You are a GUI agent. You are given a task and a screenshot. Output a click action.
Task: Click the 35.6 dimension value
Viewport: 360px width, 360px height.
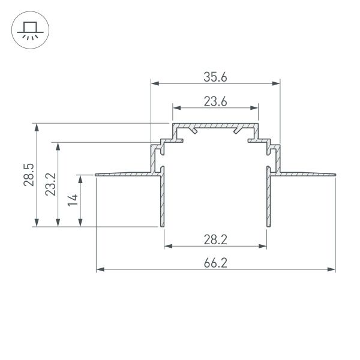(215, 76)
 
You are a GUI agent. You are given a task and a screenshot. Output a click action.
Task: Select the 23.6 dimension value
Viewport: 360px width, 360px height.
(215, 101)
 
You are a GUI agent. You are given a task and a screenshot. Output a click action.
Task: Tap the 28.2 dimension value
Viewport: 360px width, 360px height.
(215, 239)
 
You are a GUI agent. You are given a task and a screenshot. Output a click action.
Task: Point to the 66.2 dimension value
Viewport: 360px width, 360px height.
(215, 263)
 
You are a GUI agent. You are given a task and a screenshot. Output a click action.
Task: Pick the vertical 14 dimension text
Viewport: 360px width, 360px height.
(72, 200)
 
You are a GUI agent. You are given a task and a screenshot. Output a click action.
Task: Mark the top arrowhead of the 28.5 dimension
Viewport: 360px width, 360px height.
(38, 127)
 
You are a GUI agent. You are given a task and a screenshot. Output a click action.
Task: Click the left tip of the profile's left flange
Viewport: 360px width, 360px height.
(97, 175)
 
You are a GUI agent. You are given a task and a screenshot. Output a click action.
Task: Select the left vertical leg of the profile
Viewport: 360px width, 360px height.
(161, 201)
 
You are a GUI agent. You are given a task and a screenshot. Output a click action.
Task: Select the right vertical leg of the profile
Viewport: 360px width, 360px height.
(268, 201)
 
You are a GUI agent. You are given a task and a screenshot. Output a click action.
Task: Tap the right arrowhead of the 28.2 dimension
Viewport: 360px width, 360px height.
(263, 246)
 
